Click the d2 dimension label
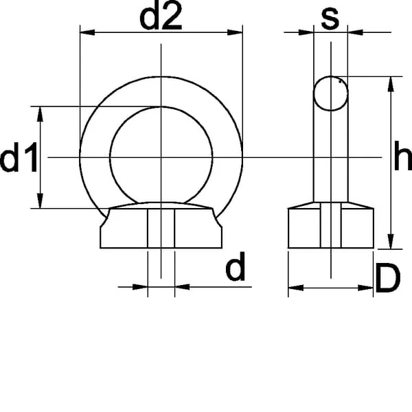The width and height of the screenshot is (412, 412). pos(161,18)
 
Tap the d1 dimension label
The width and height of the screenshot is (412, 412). pos(19,157)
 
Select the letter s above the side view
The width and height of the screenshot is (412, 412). pos(330,19)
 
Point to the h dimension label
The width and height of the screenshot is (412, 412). pos(403,155)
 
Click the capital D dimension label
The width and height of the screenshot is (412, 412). pos(388,279)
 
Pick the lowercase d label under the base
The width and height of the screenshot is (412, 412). pos(236,266)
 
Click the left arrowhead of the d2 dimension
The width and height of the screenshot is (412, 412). pos(87,32)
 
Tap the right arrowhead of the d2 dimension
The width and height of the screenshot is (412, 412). pos(235,32)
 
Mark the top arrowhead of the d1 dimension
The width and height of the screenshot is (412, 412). pos(40,114)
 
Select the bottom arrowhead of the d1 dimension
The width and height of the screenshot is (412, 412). pos(40,201)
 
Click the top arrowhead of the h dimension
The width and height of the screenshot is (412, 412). pos(391,84)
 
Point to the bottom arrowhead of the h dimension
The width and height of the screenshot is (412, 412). pos(391,242)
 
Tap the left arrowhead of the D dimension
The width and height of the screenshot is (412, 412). pos(296,288)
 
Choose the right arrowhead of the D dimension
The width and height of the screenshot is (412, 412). pos(366,288)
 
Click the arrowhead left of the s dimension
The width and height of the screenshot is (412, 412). pos(306,32)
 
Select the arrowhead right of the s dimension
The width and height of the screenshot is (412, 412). pos(355,32)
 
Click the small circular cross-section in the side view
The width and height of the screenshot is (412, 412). pos(331,93)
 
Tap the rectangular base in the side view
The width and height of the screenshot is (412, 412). pos(331,228)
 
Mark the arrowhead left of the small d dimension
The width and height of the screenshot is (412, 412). pos(140,286)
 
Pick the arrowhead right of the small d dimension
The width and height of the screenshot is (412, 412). pos(183,286)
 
